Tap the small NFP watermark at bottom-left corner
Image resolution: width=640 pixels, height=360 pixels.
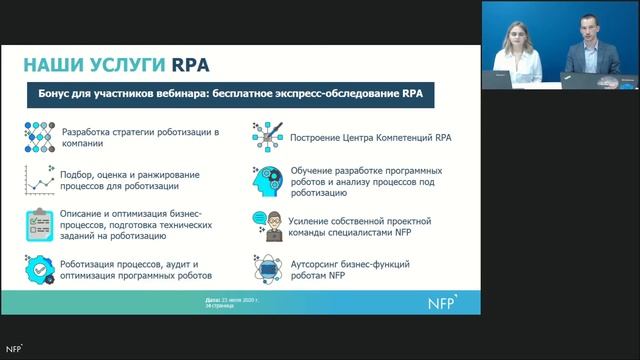(x=13, y=349)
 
